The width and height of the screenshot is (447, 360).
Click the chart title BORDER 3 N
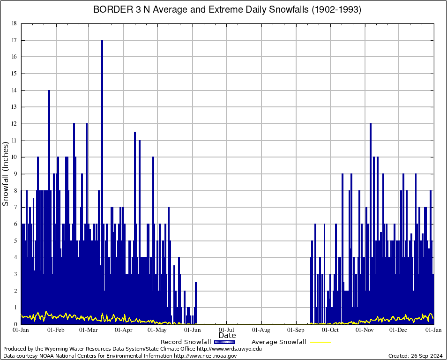[227, 10]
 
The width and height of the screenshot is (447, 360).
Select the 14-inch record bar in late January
[49, 141]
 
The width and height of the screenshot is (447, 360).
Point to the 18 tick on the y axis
[14, 23]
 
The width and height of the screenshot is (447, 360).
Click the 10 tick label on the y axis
[14, 157]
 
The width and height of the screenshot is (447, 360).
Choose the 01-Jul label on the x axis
[227, 330]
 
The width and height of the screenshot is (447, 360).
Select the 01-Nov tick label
[365, 330]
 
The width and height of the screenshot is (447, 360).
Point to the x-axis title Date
[227, 336]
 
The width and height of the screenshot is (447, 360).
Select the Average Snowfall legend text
[279, 342]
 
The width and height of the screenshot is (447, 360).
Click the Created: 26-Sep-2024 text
[415, 356]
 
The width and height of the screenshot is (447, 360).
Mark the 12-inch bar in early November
[371, 187]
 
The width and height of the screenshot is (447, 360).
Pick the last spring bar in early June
[196, 305]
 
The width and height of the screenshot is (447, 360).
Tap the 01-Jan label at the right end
[433, 330]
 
